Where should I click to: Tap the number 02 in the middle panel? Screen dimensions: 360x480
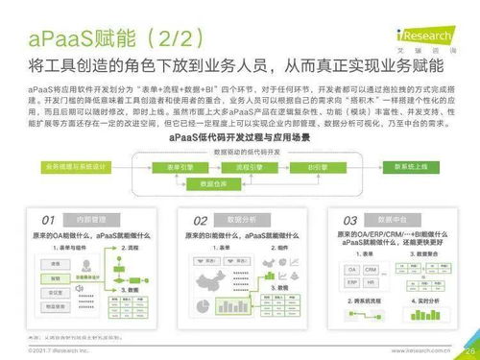coord(201,220)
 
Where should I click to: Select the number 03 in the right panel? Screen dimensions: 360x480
coord(350,219)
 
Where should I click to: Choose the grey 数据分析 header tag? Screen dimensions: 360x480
coord(240,220)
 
